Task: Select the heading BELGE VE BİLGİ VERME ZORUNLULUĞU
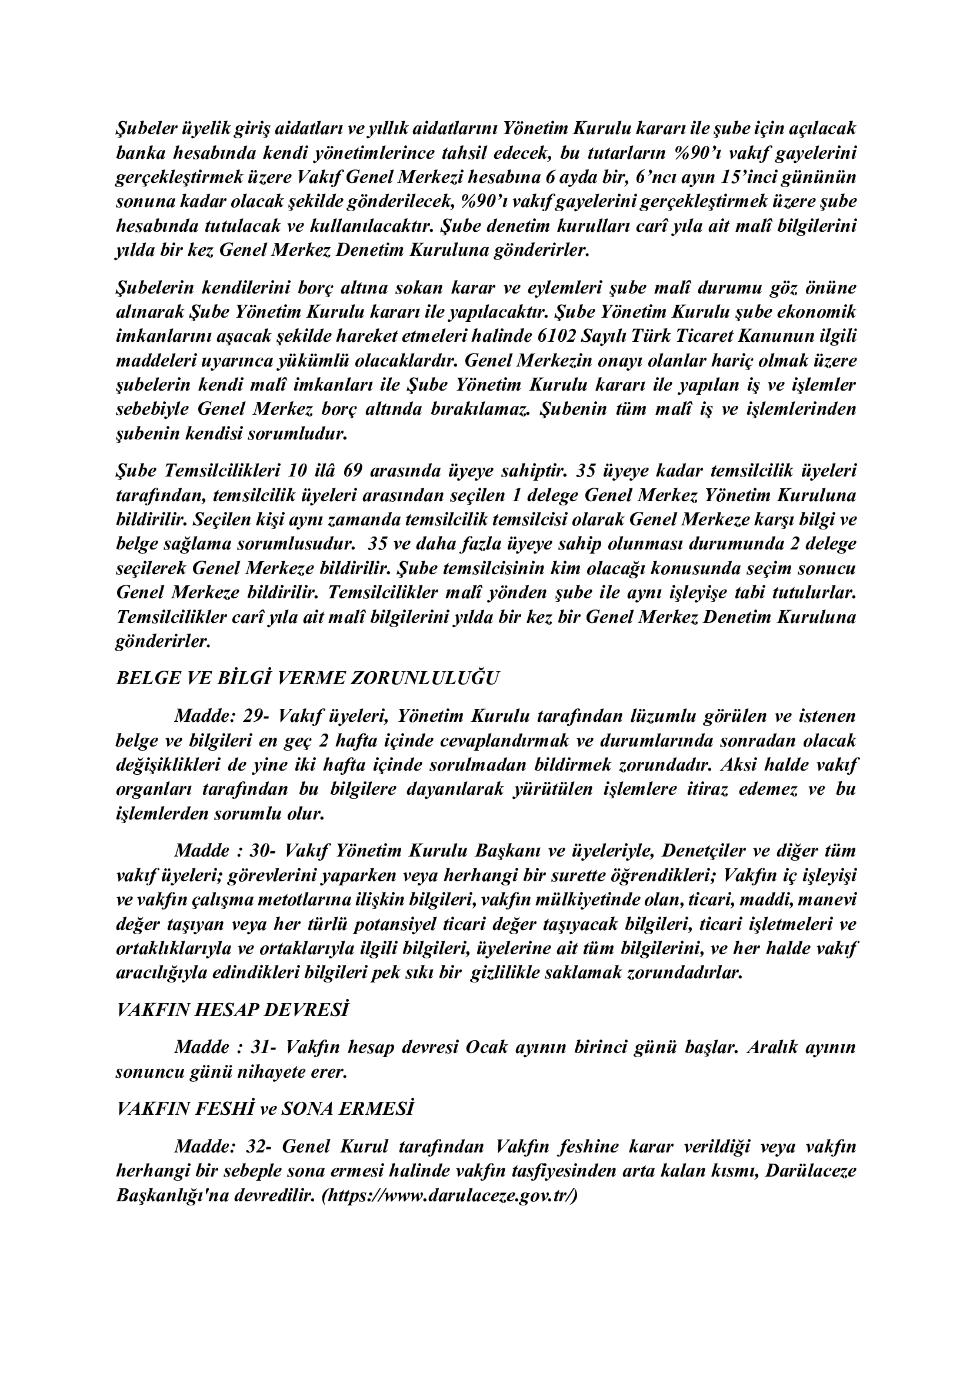click(307, 678)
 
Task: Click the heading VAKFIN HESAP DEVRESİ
click(232, 1010)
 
